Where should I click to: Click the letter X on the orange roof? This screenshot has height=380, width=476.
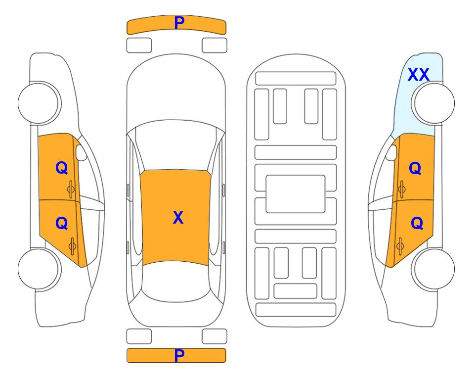click(178, 218)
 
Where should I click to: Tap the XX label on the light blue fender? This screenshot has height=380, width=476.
click(418, 75)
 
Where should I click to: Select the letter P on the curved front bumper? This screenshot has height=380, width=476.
click(179, 22)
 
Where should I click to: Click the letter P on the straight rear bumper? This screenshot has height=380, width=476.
click(179, 355)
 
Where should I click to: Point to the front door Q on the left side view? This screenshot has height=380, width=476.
click(62, 168)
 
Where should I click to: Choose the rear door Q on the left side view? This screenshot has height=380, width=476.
click(62, 224)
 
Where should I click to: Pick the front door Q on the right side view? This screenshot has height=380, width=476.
click(415, 168)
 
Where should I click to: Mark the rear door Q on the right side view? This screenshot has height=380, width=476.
click(417, 224)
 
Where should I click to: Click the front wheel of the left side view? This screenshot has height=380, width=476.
click(39, 103)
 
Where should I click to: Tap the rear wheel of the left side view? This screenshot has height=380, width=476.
click(39, 269)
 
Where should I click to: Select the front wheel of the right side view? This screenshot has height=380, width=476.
click(433, 103)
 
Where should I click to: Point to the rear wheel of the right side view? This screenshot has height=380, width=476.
click(433, 269)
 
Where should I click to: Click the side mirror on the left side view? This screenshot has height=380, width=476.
click(81, 152)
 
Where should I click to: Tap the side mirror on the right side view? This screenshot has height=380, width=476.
click(391, 152)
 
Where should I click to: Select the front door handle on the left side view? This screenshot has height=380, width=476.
click(71, 189)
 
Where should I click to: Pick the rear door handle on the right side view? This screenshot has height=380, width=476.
click(400, 246)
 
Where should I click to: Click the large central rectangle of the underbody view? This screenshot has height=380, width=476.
click(296, 194)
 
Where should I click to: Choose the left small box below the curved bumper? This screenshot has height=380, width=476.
click(139, 46)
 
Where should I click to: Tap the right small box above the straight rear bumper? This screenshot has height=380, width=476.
click(215, 336)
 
